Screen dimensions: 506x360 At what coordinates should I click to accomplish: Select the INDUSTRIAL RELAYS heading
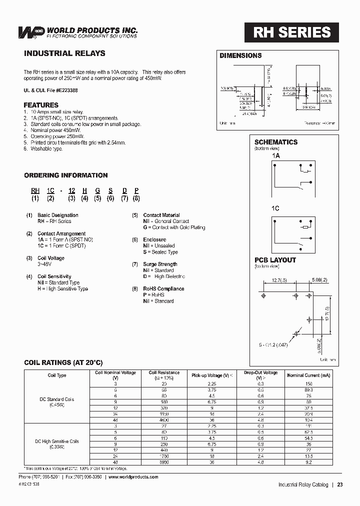(64, 53)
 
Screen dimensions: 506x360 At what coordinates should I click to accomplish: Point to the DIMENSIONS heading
(240, 55)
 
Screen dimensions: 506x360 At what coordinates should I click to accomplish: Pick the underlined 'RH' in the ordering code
(35, 190)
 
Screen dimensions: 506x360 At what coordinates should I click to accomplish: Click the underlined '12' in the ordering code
(72, 190)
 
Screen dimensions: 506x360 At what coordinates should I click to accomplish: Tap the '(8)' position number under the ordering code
(136, 198)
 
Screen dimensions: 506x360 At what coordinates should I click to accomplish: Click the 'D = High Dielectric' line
(164, 276)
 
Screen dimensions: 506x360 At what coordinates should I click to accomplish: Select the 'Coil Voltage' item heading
(51, 258)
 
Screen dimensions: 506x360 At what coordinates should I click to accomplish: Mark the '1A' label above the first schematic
(276, 156)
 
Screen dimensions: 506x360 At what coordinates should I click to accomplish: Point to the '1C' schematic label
(276, 208)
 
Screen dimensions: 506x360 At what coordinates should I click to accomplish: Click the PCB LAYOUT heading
(275, 260)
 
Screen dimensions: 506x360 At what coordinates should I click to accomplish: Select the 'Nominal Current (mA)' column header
(308, 375)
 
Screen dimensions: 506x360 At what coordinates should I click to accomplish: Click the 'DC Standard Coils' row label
(57, 399)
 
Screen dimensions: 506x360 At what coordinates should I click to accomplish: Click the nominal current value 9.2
(308, 462)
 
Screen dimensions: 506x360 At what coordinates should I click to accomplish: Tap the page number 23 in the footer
(340, 484)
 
